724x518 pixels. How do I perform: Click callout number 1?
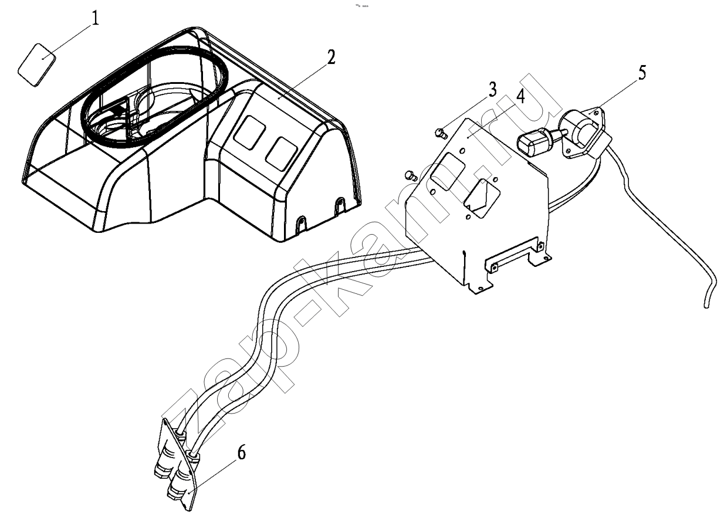coord(94,19)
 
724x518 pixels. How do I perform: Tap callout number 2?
coord(330,57)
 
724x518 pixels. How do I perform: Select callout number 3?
coord(492,90)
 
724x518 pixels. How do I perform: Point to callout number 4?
coord(520,96)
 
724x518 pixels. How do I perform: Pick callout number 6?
coord(242,452)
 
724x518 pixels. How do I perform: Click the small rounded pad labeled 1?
coord(37,65)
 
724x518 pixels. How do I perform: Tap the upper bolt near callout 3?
coord(441,133)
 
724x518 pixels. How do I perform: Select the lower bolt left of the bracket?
coord(411,175)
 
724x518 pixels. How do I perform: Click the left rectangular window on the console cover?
coord(249,133)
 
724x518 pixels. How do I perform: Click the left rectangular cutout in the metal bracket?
coord(448,172)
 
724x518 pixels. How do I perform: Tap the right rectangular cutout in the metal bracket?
coord(482,198)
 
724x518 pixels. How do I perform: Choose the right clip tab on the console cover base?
coord(340,205)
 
